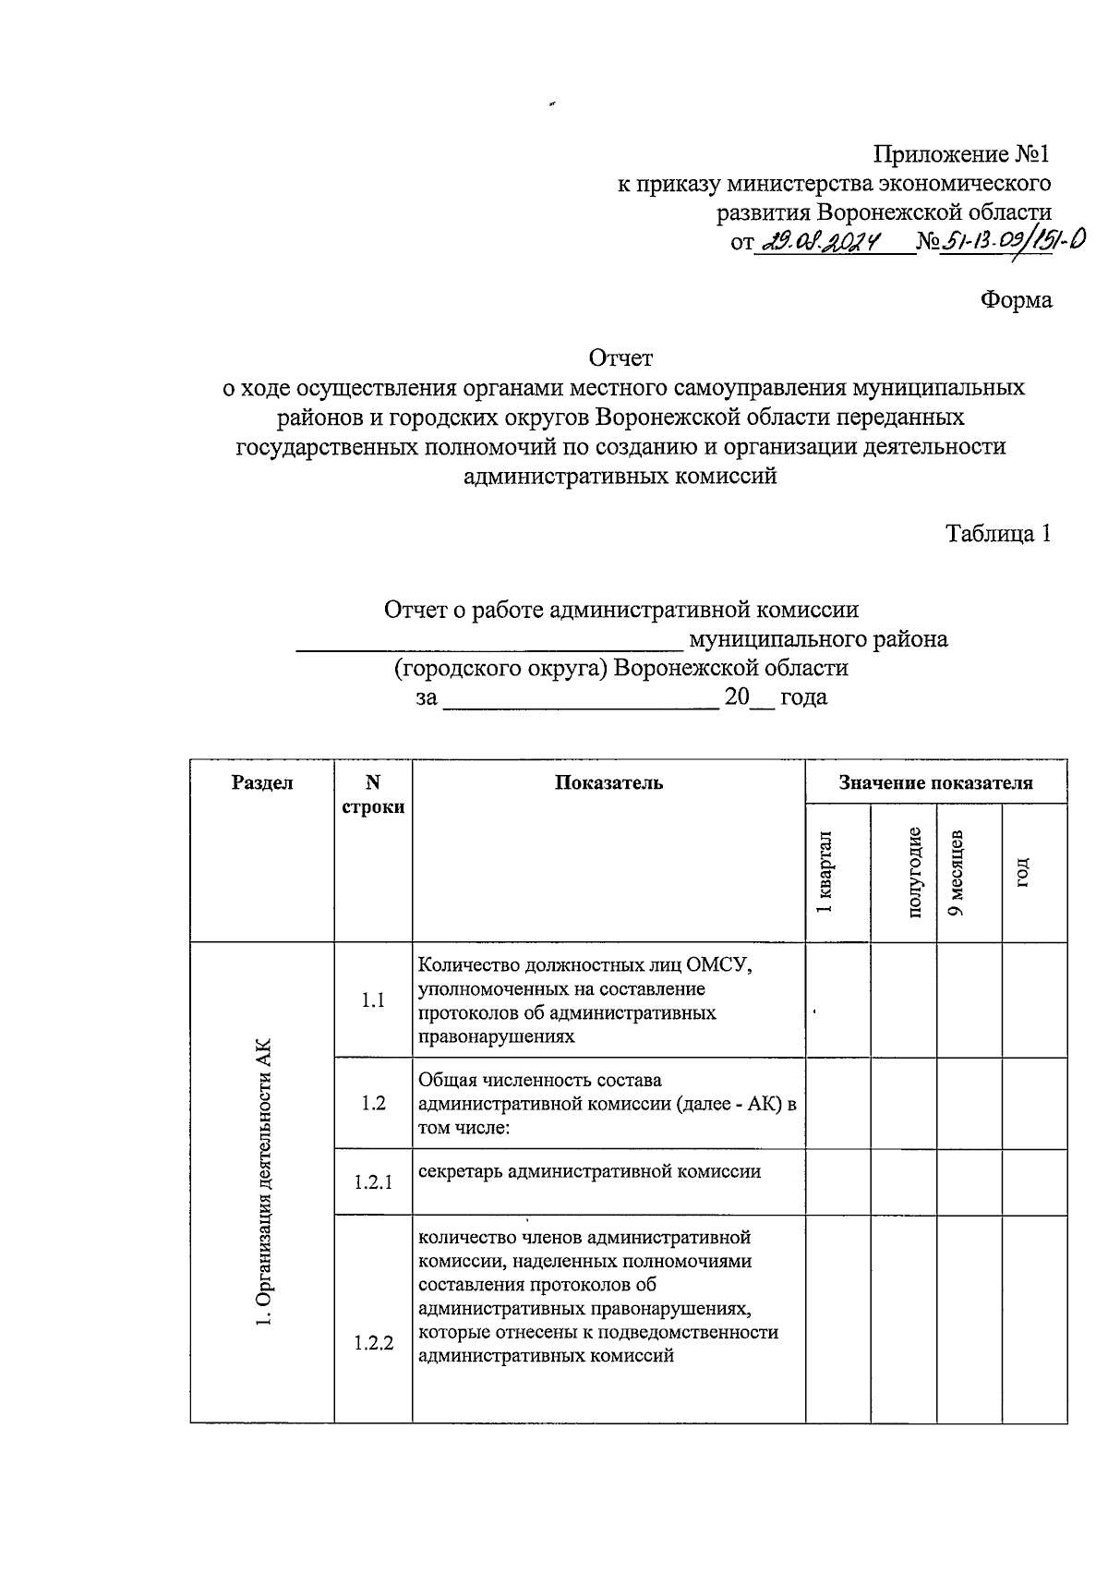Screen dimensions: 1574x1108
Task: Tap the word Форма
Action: pyautogui.click(x=1016, y=300)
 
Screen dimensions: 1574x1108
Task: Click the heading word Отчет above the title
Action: pyautogui.click(x=620, y=357)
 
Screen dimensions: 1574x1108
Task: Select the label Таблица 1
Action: pyautogui.click(x=998, y=534)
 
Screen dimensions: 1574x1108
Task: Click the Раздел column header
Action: pyautogui.click(x=262, y=783)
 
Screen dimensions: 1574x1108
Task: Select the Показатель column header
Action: pyautogui.click(x=608, y=783)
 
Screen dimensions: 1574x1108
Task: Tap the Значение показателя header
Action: pyautogui.click(x=935, y=783)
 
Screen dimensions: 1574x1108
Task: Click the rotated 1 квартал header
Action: pyautogui.click(x=825, y=873)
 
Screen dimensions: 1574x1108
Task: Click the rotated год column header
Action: pyautogui.click(x=1022, y=873)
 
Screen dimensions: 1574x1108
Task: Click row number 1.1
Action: pyautogui.click(x=373, y=1000)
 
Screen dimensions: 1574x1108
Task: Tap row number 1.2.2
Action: pyautogui.click(x=373, y=1343)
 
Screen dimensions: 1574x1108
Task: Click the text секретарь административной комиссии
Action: pyautogui.click(x=589, y=1172)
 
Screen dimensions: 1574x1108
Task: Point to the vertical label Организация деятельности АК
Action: pyautogui.click(x=264, y=1182)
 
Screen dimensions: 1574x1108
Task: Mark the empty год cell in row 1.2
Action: pyautogui.click(x=1034, y=1104)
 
